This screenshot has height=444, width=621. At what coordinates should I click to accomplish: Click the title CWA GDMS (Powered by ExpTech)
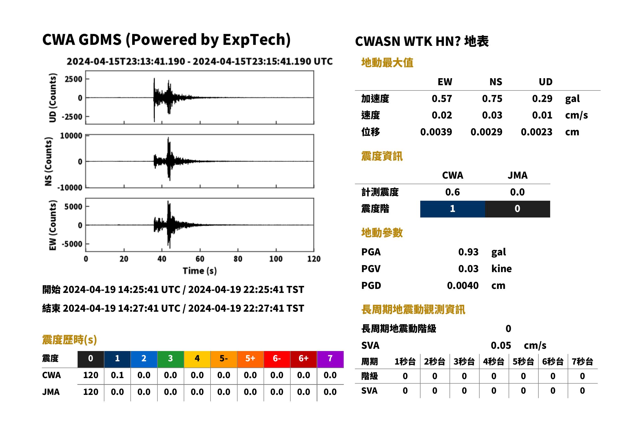166,40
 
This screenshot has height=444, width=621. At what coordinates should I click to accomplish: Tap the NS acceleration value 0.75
492,99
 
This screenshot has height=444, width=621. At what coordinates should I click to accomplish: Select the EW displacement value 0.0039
436,132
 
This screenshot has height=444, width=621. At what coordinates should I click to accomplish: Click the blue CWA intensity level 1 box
453,209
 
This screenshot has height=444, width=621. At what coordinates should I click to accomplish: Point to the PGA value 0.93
468,252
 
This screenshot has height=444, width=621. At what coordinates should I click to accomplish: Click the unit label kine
501,269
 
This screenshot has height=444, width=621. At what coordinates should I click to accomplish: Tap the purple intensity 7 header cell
330,359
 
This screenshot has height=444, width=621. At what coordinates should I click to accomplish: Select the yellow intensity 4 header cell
197,359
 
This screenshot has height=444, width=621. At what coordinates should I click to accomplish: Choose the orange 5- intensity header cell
224,359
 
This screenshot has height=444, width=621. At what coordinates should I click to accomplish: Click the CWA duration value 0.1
117,375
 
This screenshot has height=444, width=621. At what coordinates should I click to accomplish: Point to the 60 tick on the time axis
200,259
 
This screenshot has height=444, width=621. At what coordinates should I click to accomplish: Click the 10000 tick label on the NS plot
71,136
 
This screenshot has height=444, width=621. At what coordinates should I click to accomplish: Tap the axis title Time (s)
200,271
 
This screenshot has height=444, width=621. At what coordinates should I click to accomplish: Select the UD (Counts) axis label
52,98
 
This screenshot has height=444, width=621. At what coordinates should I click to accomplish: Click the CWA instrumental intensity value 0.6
453,192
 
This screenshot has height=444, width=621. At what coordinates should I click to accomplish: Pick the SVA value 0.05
501,345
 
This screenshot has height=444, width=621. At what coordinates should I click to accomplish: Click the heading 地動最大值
387,63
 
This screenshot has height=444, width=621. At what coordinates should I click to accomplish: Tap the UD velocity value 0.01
542,115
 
